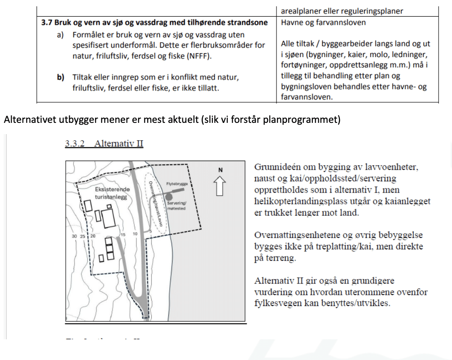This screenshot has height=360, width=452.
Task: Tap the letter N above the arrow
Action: pyautogui.click(x=220, y=170)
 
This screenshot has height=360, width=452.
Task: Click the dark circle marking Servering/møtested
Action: pyautogui.click(x=168, y=197)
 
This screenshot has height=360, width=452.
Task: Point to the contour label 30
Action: pyautogui.click(x=74, y=236)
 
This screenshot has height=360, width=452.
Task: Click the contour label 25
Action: pyautogui.click(x=83, y=236)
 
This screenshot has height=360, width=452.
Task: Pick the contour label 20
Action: pyautogui.click(x=93, y=236)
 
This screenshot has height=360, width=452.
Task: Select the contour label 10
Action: pyautogui.click(x=135, y=234)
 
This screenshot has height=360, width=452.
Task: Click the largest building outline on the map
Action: pyautogui.click(x=110, y=217)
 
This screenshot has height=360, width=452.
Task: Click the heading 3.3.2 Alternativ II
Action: pyautogui.click(x=104, y=144)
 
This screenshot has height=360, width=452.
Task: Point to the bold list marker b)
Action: pyautogui.click(x=61, y=77)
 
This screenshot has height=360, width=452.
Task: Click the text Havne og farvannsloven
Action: pyautogui.click(x=317, y=22)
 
